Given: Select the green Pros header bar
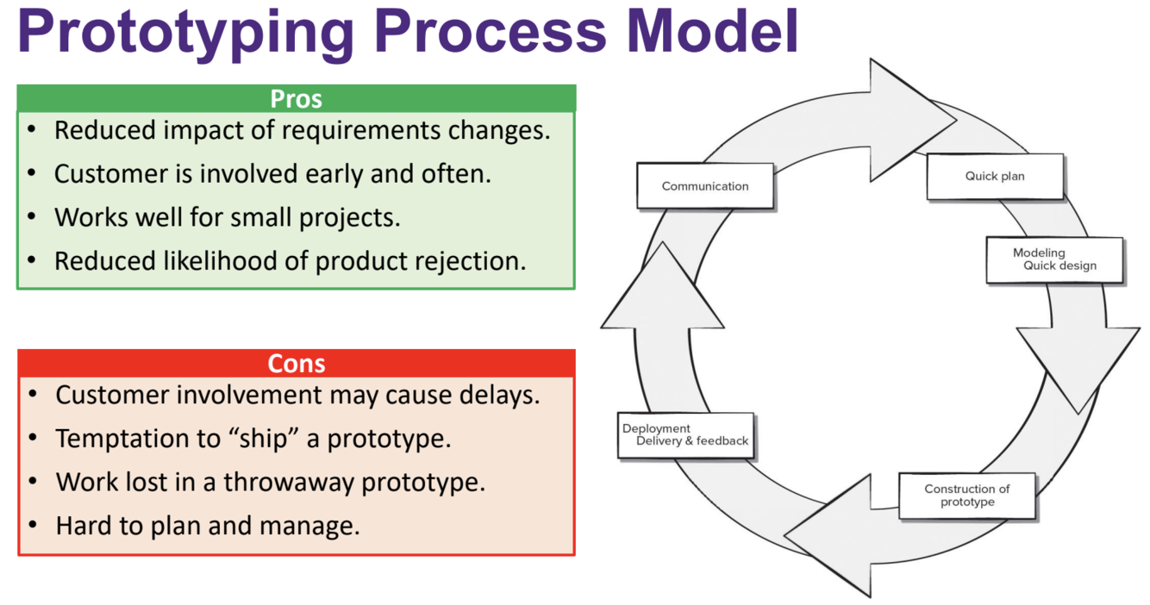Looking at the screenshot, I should (296, 98).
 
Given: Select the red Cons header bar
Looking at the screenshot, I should (296, 363).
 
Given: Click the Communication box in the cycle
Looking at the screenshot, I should (705, 186).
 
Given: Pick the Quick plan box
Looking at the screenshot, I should (995, 177).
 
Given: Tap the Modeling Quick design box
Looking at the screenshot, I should (1054, 259).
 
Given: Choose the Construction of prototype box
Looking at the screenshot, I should (966, 496).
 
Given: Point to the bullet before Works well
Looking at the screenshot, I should (32, 216).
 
